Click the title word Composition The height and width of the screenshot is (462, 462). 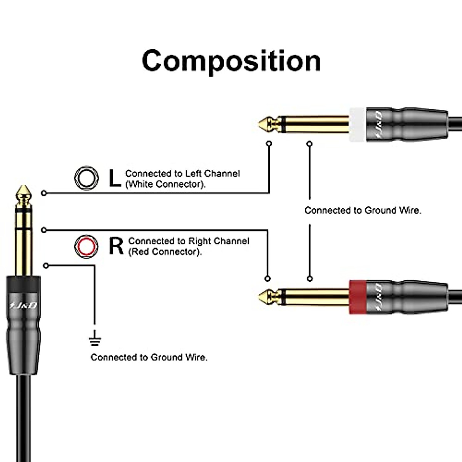click(x=231, y=61)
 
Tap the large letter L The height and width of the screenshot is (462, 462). click(x=114, y=178)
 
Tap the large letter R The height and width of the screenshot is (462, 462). click(x=116, y=246)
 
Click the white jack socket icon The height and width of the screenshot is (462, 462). click(x=87, y=178)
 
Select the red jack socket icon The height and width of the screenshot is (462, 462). click(x=86, y=246)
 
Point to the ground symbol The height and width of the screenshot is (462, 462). click(x=95, y=340)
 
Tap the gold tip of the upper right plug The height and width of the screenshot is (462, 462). click(x=265, y=124)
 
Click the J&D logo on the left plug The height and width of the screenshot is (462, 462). click(x=23, y=305)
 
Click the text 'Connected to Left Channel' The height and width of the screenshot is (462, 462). click(x=182, y=174)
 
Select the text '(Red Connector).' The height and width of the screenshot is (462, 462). click(x=165, y=252)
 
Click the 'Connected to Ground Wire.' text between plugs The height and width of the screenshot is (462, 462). click(x=363, y=211)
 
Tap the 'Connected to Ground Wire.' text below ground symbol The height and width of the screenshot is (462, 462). click(x=149, y=357)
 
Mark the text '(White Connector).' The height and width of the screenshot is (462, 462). click(x=166, y=184)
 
